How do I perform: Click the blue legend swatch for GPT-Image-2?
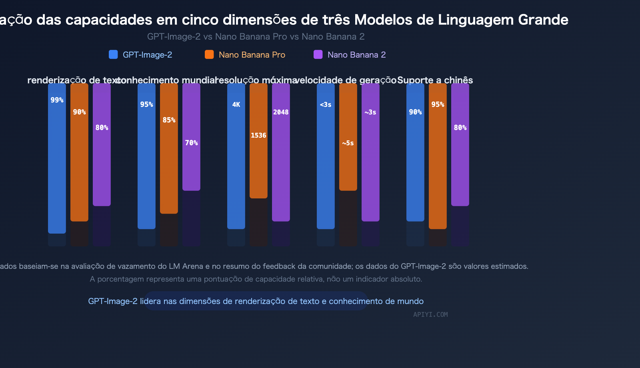point(113,54)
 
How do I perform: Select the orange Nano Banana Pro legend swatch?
point(209,54)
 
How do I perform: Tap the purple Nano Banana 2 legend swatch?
point(318,54)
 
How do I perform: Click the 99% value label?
point(57,100)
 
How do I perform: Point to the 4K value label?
point(236,104)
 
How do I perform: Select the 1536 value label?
point(258,135)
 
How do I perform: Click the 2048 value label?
point(281,112)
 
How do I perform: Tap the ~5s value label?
point(348,143)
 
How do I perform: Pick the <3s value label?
point(326,104)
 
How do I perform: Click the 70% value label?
point(191,143)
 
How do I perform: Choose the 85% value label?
point(169,120)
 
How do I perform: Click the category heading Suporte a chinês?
point(435,80)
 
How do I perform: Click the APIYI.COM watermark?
point(430,314)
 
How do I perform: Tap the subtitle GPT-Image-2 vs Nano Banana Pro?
point(217,36)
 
